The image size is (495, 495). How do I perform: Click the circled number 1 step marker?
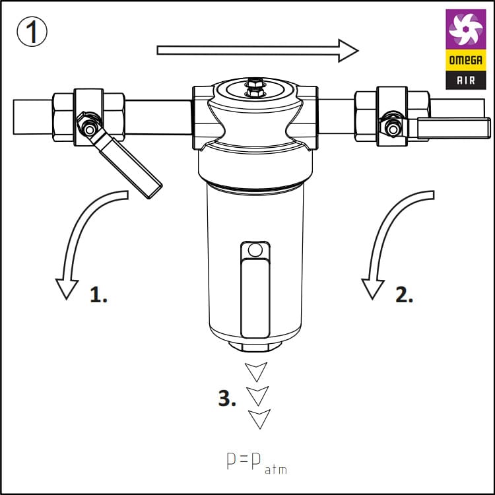(x=32, y=32)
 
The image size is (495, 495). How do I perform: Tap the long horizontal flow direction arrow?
(x=257, y=51)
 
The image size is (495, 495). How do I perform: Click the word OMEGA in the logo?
(x=466, y=60)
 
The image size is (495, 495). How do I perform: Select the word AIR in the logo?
(x=466, y=80)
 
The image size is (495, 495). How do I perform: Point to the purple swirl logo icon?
(x=466, y=29)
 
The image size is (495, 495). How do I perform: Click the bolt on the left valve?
(x=89, y=129)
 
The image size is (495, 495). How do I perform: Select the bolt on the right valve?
(x=393, y=129)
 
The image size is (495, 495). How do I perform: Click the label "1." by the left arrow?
(x=98, y=295)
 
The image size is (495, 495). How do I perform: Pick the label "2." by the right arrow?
(x=404, y=295)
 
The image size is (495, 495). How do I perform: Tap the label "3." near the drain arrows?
(x=227, y=398)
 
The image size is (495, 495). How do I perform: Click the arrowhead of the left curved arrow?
(x=67, y=289)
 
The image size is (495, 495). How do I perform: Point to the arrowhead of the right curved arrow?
(x=373, y=289)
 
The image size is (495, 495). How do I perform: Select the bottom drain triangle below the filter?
(x=259, y=419)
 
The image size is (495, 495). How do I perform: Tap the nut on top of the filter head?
(x=255, y=87)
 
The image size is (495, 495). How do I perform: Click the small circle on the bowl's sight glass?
(x=255, y=250)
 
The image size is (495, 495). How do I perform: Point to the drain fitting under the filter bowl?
(x=255, y=346)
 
